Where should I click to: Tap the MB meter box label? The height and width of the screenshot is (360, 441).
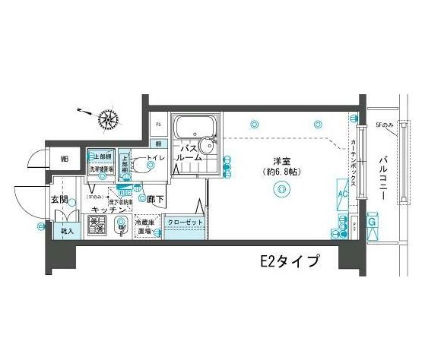tap(66, 159)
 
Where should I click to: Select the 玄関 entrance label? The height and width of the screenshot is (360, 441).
tap(60, 198)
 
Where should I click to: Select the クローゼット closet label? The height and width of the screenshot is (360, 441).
tap(182, 222)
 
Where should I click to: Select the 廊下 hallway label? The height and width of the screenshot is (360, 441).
tap(157, 198)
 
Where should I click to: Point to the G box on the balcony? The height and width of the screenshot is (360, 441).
tap(373, 223)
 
